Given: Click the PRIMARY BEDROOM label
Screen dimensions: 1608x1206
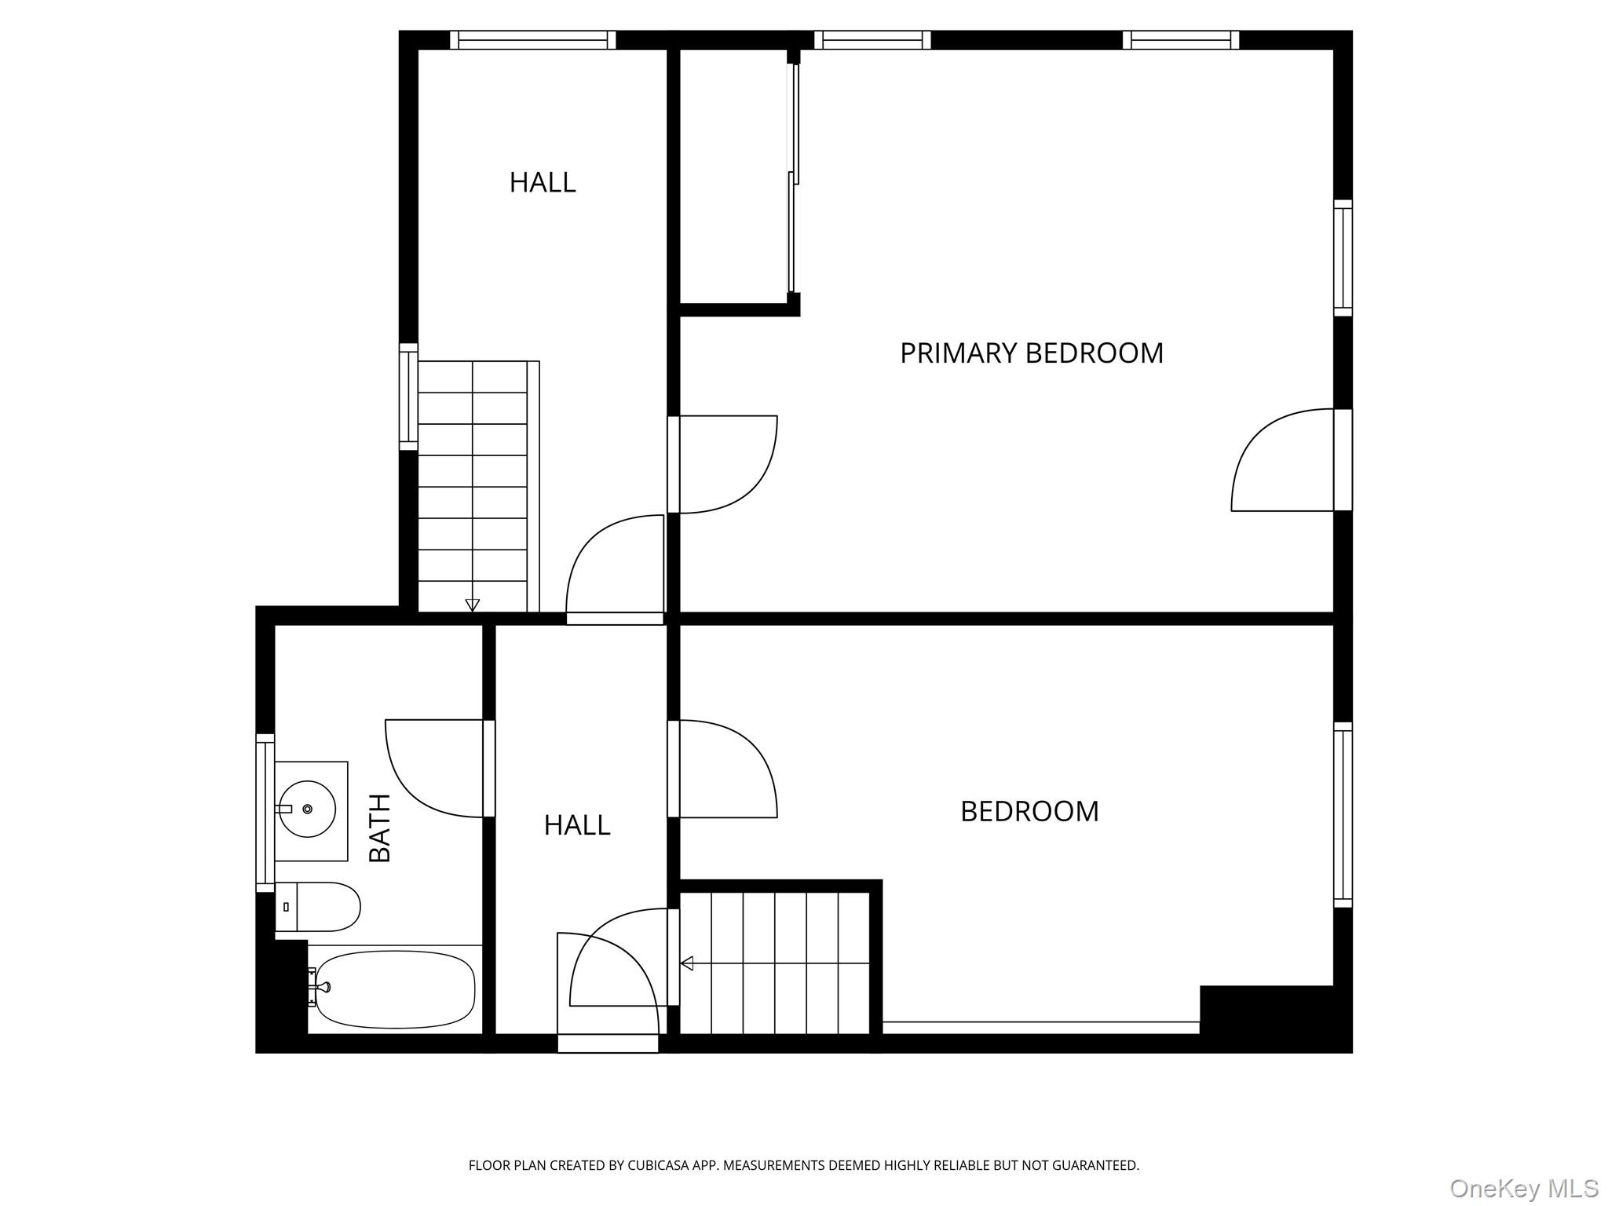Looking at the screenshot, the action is point(1031,353).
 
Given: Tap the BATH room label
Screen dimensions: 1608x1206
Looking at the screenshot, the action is point(380,828).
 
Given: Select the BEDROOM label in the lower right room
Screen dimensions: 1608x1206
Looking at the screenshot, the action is point(1029,811).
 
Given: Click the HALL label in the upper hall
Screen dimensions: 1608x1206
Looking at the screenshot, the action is point(543,182).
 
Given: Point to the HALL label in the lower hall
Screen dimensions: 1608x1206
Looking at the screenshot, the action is point(577,825).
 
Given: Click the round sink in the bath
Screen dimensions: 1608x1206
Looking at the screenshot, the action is point(307,809).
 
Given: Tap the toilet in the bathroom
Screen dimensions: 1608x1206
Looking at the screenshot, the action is point(317,906).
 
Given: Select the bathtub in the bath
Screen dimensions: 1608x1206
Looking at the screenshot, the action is point(395,989).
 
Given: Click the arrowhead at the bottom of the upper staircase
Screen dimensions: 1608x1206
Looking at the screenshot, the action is point(472,605).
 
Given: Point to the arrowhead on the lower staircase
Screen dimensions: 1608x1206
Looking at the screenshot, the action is point(687,963).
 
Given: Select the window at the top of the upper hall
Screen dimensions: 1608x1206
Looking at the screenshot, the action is point(533,40).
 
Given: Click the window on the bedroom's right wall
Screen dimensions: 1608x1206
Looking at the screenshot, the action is point(1343,815).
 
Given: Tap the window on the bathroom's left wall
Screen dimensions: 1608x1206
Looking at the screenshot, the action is point(265,813).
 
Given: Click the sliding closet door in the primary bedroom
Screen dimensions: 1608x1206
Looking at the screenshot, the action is point(794,178).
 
